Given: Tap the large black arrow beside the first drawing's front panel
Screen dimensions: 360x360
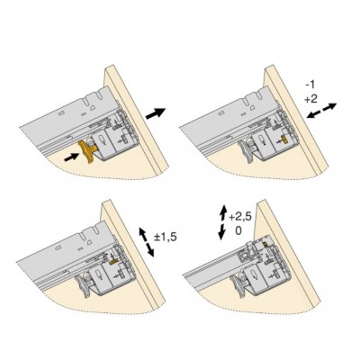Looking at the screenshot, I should [x=156, y=113].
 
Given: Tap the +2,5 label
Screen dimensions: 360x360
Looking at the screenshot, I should [x=240, y=216].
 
